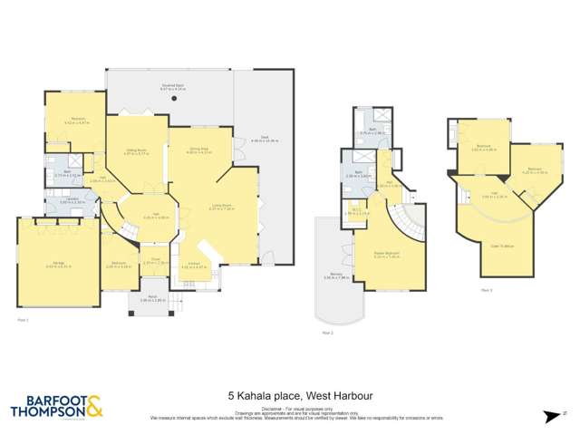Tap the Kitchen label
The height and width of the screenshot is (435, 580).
tap(194, 265)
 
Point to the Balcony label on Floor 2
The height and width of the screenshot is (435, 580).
tap(334, 275)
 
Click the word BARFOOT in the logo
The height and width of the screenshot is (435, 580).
tap(46, 398)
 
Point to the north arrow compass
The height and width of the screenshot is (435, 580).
tap(548, 416)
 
